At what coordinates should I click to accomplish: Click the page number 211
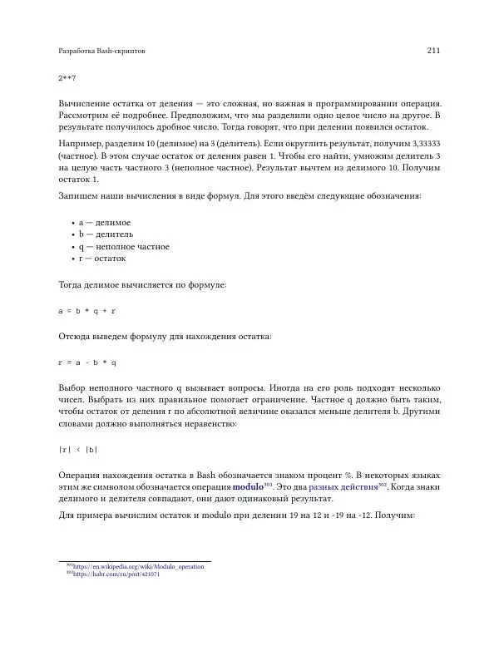[x=432, y=52]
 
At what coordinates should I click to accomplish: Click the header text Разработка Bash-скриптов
[x=104, y=52]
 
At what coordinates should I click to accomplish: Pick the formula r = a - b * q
[x=86, y=362]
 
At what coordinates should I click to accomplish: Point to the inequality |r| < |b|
[x=77, y=450]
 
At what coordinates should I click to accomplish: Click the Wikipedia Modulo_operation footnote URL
[x=138, y=566]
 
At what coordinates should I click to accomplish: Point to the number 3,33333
[x=423, y=144]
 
